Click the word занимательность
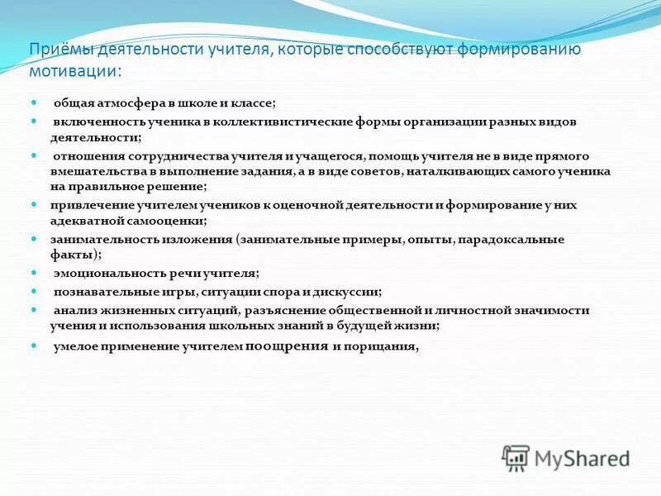pos(100,239)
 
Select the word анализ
pos(73,310)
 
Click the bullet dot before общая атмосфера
pos(35,103)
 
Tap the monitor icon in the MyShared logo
pos(516,457)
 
